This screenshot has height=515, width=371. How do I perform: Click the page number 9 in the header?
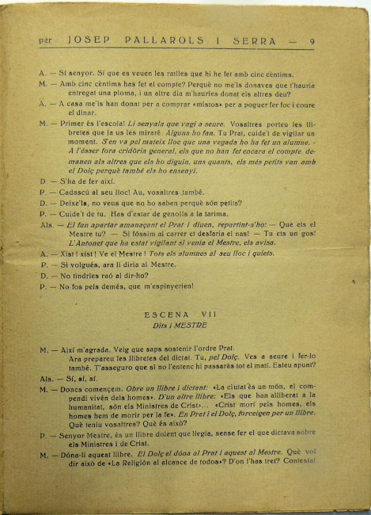click(313, 42)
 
